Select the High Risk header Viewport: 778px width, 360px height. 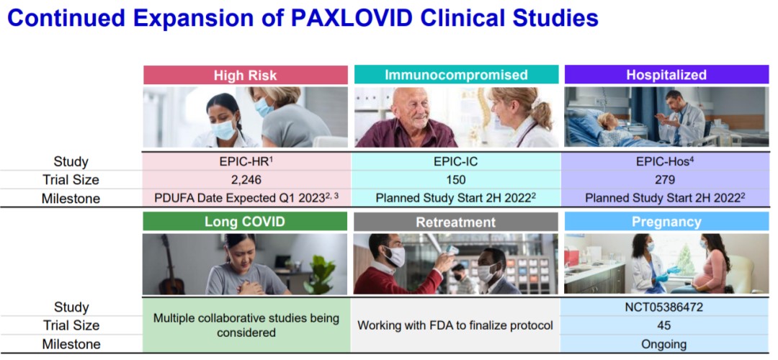[x=246, y=75]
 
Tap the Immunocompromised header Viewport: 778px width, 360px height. [x=456, y=75]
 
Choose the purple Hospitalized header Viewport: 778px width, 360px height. [x=666, y=75]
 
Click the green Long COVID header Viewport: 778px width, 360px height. [x=245, y=221]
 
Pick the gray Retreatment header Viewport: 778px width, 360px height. [x=456, y=222]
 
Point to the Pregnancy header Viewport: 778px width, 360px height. [x=666, y=222]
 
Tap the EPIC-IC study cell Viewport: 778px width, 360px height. [x=456, y=162]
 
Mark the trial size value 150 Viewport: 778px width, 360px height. [x=456, y=179]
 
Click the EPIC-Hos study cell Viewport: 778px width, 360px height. [x=666, y=161]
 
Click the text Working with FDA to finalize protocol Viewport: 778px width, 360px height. [x=455, y=325]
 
